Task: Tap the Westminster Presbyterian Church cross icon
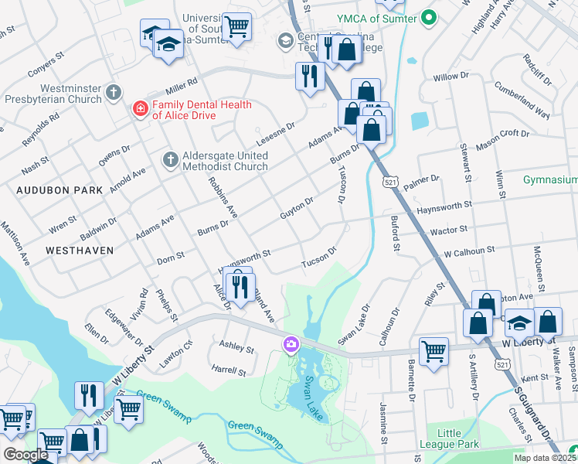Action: pyautogui.click(x=113, y=94)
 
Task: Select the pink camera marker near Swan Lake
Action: pyautogui.click(x=291, y=344)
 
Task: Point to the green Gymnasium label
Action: pyautogui.click(x=549, y=179)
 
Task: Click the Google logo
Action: pyautogui.click(x=25, y=455)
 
